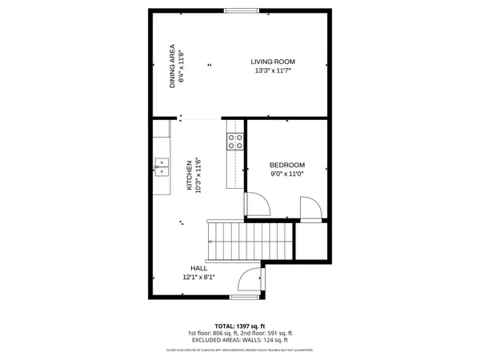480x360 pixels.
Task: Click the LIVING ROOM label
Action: click(x=273, y=62)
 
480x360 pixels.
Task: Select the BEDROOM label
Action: click(x=286, y=166)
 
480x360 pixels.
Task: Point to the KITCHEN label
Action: click(x=190, y=174)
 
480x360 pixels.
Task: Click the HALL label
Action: click(x=198, y=268)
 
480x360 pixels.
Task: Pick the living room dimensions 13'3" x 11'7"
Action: click(x=273, y=71)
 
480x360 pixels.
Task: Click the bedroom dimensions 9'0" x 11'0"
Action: click(x=286, y=175)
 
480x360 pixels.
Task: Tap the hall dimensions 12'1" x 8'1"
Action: click(x=198, y=278)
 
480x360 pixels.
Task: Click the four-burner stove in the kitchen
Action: click(x=236, y=142)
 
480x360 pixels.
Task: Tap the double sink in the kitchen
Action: click(x=162, y=166)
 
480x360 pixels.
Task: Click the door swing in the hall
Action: click(x=250, y=280)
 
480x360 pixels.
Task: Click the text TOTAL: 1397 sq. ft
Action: click(x=240, y=326)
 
